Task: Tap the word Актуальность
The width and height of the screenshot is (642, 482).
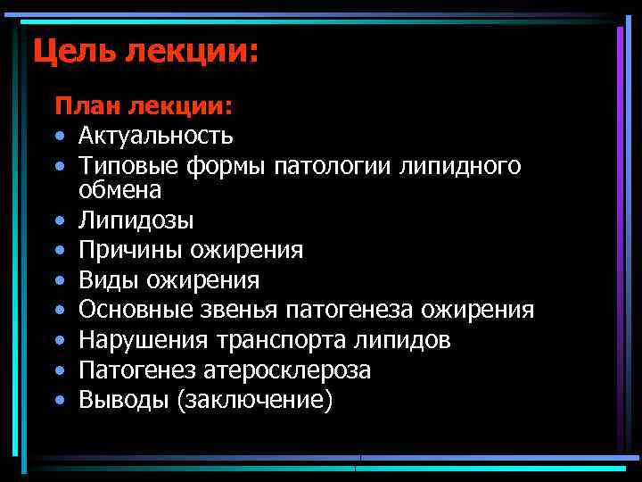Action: (x=156, y=136)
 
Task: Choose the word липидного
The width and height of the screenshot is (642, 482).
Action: (x=464, y=165)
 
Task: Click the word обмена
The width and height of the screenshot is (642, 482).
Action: (x=120, y=189)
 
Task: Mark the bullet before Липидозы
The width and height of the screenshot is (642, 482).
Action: (x=59, y=220)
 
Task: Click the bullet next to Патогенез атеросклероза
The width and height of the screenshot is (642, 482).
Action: (x=59, y=370)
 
